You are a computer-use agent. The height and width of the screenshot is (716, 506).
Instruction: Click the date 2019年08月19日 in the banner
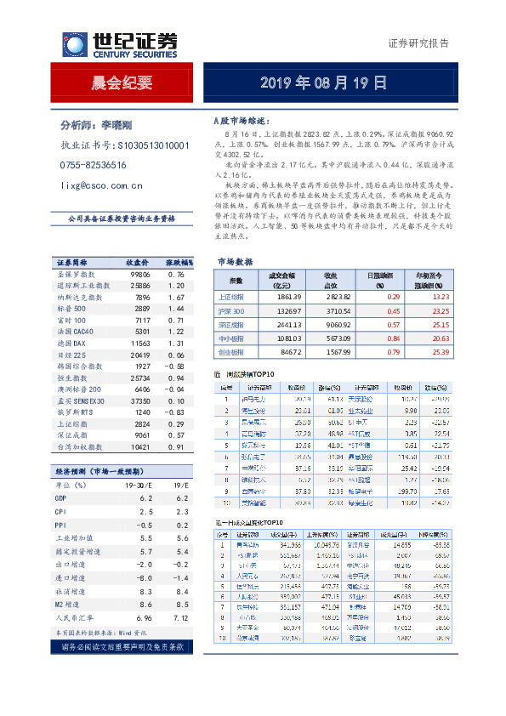click(x=323, y=82)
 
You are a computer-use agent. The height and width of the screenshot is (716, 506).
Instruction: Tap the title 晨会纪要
click(x=122, y=82)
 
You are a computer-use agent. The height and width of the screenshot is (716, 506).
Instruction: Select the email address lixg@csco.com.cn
click(x=102, y=185)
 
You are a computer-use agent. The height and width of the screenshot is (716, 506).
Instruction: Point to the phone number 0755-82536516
click(x=94, y=165)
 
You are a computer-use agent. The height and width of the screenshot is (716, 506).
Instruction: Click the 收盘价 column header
click(x=138, y=262)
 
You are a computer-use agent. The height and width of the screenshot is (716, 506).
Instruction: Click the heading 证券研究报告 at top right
click(x=418, y=43)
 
